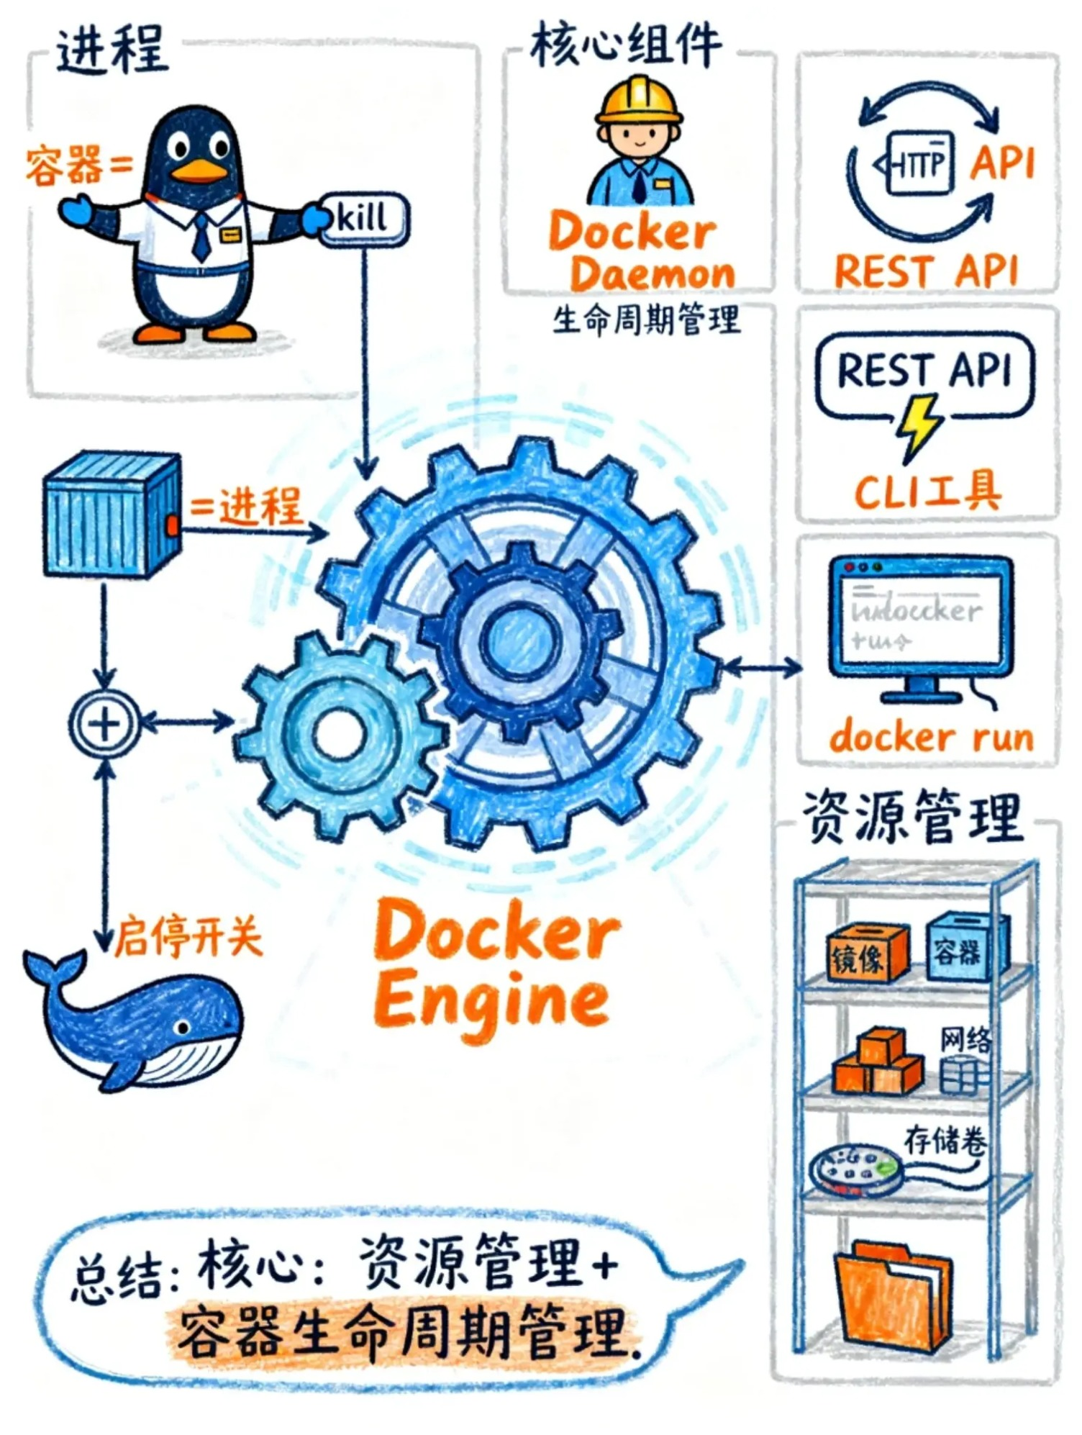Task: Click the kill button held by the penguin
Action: point(363,218)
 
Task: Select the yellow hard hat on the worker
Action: point(639,101)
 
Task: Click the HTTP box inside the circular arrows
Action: point(916,163)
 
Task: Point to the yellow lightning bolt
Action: point(919,426)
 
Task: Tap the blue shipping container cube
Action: point(112,515)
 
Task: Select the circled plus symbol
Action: point(105,723)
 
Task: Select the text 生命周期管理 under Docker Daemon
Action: point(645,320)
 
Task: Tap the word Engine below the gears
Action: point(491,1000)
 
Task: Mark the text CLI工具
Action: point(927,490)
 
